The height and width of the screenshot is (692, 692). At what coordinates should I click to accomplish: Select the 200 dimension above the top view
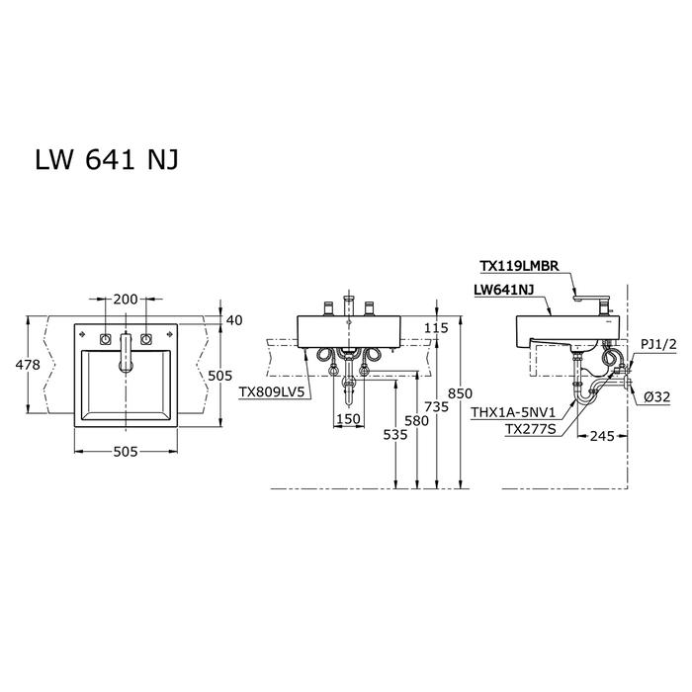pyautogui.click(x=125, y=298)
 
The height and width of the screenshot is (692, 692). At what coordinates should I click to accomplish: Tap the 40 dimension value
pyautogui.click(x=233, y=319)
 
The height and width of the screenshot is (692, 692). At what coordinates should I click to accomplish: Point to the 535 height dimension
pyautogui.click(x=395, y=433)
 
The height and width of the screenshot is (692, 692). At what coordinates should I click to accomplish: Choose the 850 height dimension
pyautogui.click(x=462, y=393)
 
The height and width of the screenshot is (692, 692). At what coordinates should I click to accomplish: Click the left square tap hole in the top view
pyautogui.click(x=102, y=339)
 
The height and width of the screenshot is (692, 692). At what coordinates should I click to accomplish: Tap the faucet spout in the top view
pyautogui.click(x=125, y=353)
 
